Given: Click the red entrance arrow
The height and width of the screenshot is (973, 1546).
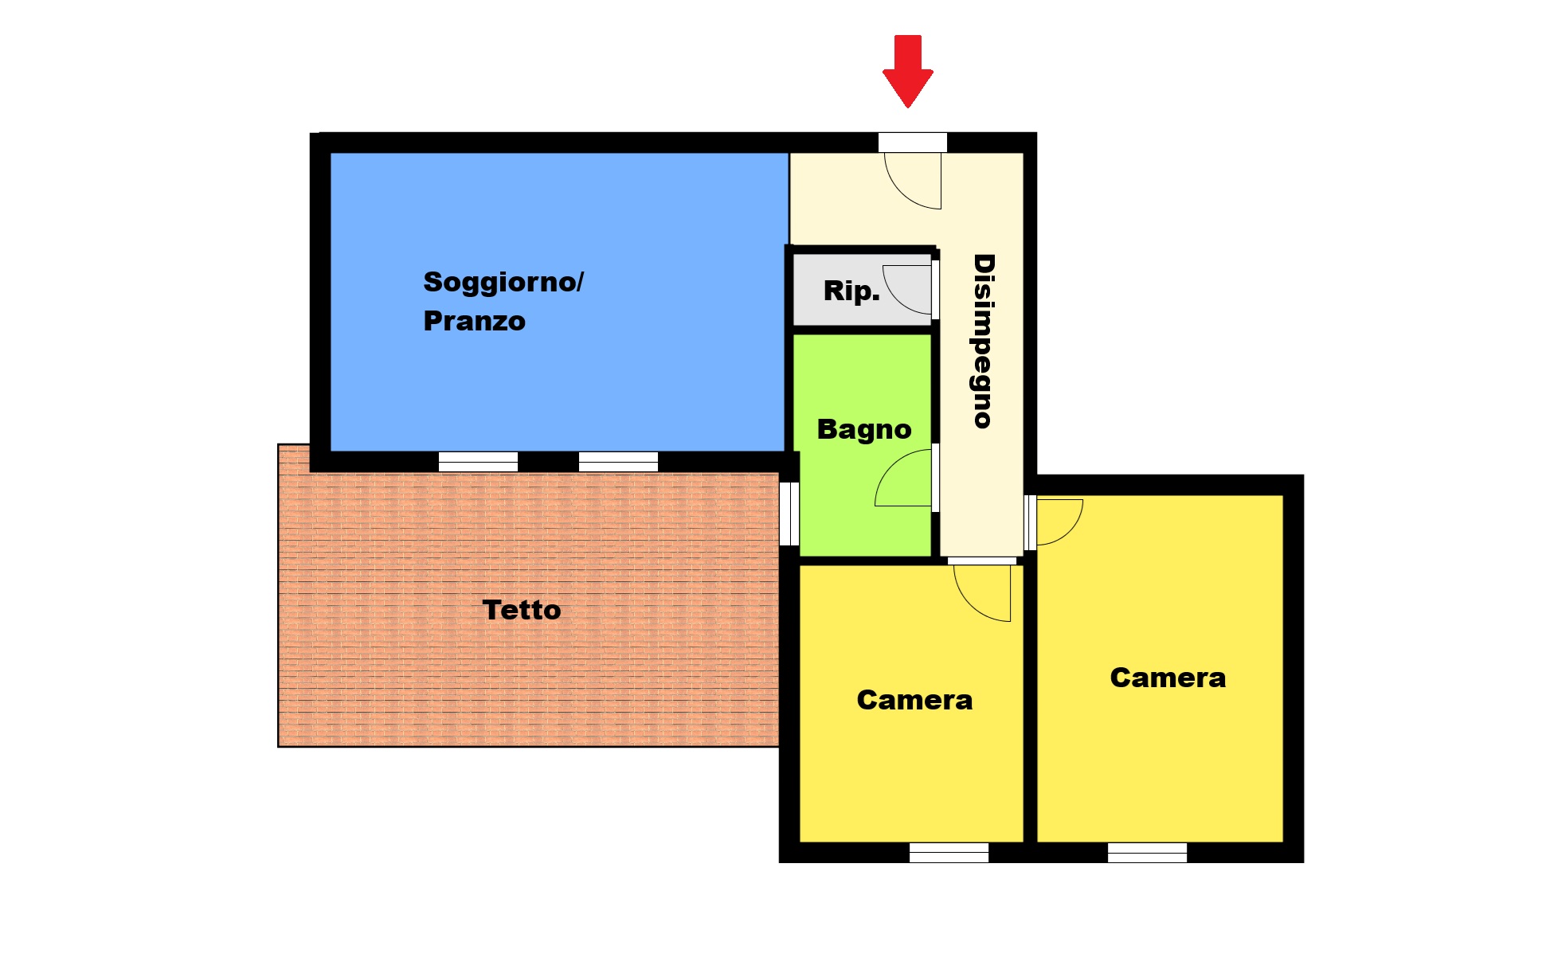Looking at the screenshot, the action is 907,71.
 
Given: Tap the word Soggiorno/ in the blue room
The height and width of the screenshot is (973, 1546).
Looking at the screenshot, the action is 503,283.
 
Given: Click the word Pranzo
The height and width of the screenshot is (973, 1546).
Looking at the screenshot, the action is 474,321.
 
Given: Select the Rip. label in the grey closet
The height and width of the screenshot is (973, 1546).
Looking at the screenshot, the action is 851,291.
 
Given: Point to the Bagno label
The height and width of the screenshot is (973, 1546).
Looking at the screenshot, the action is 864,430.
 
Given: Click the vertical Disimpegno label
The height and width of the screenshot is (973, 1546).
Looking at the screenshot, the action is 984,342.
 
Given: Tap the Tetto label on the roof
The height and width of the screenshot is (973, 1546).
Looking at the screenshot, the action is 522,610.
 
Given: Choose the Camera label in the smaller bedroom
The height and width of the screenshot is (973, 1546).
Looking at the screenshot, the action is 914,700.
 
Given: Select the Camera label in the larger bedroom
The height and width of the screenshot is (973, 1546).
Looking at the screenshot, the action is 1168,678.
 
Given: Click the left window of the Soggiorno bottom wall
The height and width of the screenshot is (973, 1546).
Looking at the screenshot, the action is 478,462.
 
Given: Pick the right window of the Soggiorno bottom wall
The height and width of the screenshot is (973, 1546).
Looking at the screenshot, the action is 618,462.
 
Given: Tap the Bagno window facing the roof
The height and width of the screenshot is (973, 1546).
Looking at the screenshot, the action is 789,514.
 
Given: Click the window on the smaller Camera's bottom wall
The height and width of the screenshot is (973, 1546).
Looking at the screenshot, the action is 949,853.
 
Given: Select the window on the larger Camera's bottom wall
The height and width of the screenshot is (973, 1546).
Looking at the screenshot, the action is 1147,853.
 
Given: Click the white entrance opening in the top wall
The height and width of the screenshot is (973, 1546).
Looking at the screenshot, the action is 913,143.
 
